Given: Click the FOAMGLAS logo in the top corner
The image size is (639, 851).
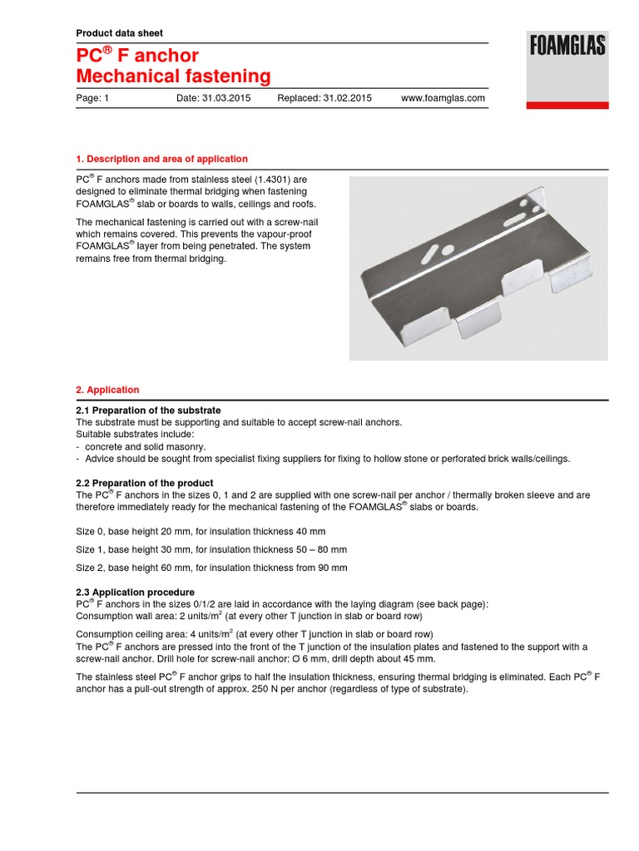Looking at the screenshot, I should click(x=567, y=46).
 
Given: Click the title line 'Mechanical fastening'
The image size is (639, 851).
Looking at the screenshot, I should click(x=173, y=77).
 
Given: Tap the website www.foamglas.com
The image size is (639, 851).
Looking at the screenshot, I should click(x=443, y=98).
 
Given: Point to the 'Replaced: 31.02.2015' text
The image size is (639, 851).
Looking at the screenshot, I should click(x=324, y=98).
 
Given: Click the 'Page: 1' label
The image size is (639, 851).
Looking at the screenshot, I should click(x=93, y=98).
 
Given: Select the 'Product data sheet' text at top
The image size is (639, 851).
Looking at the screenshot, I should click(x=119, y=33).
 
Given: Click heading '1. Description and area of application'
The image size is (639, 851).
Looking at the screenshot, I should click(x=161, y=159).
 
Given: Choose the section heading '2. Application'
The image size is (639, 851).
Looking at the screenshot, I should click(x=107, y=390).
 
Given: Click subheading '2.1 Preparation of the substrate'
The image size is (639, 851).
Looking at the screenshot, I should click(x=148, y=411).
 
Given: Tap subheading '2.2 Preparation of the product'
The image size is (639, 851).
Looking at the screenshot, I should click(x=144, y=483).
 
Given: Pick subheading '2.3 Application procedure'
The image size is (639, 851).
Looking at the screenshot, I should click(x=135, y=592).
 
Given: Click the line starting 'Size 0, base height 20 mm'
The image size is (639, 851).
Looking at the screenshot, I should click(x=201, y=531).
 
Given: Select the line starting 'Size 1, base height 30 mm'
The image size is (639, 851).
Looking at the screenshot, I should click(x=211, y=549).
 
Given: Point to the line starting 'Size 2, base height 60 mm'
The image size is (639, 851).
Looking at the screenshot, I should click(x=211, y=568).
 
